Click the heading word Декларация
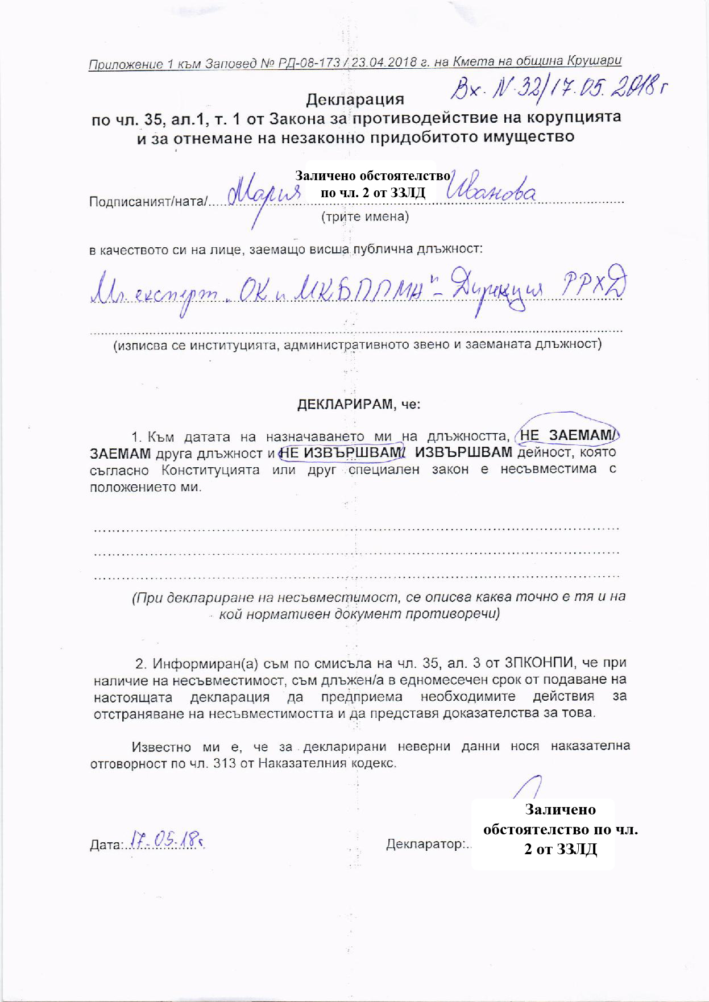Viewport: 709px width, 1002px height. (355, 100)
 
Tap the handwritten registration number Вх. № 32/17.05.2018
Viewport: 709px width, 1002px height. (558, 87)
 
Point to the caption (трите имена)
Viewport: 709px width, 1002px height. (365, 217)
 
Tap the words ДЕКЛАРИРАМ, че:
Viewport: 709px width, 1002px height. (359, 405)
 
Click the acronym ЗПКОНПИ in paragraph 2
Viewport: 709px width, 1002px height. (541, 663)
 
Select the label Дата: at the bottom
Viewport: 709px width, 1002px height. (106, 845)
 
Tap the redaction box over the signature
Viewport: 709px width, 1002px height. (543, 833)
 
